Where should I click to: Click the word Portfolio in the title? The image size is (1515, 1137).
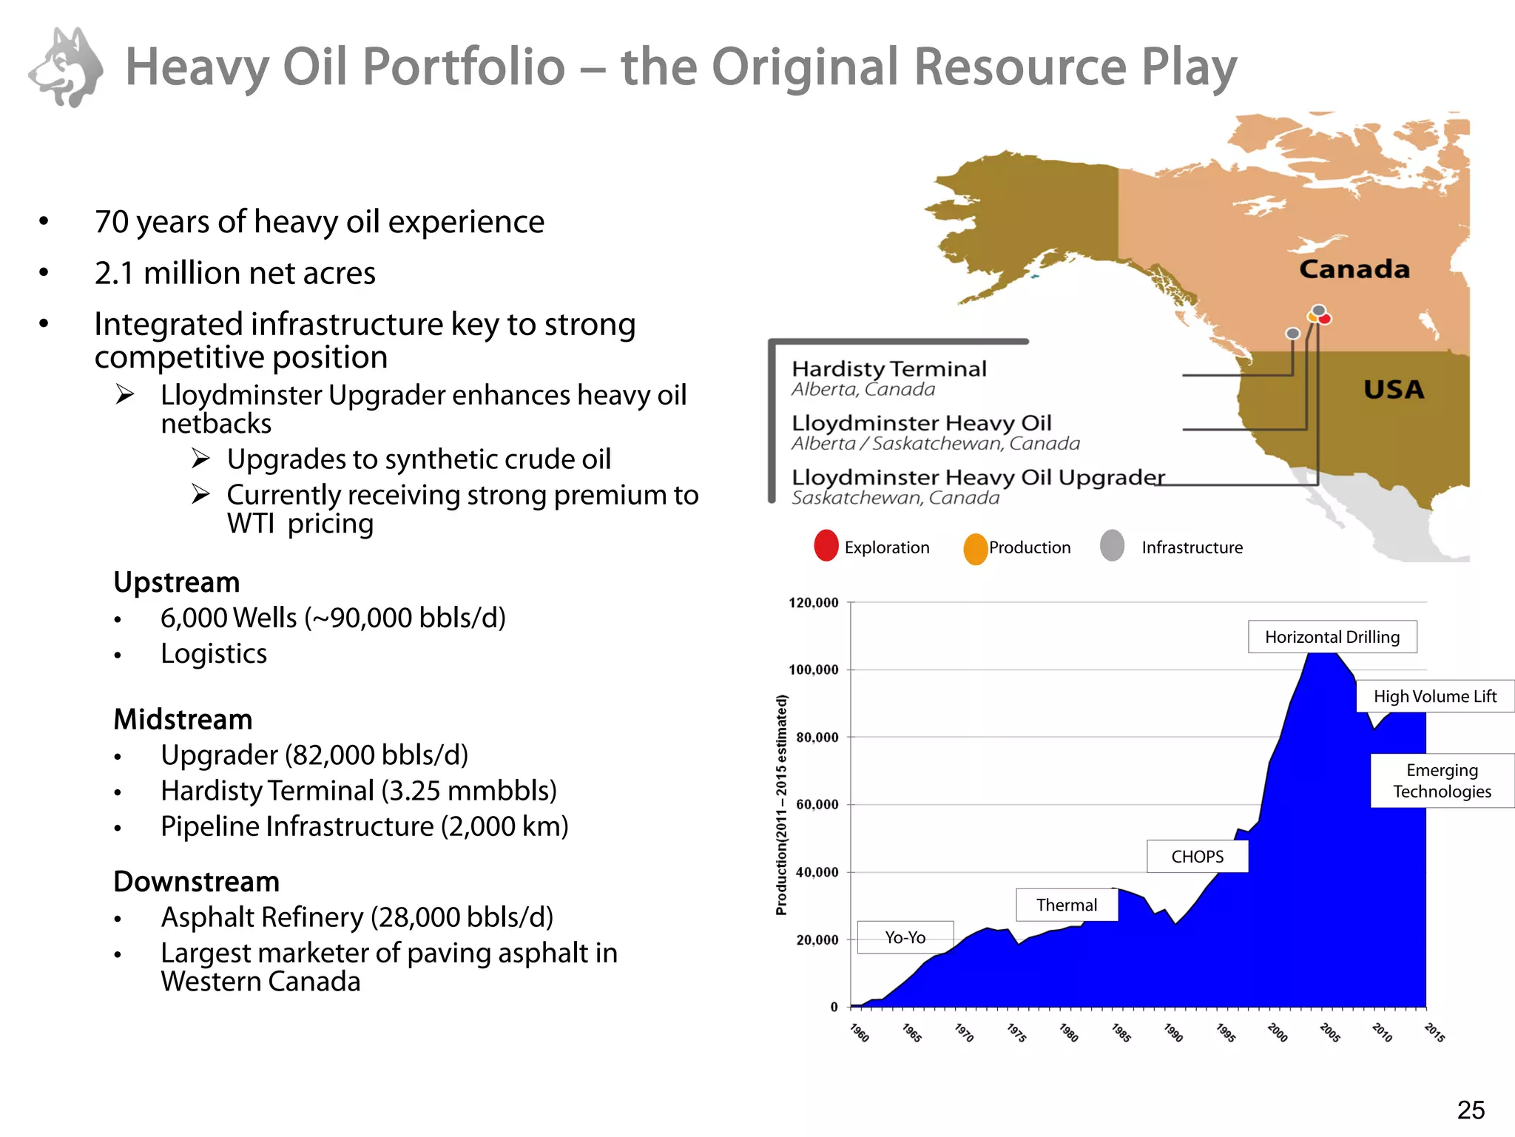tap(464, 67)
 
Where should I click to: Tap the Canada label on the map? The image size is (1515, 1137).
tap(1354, 269)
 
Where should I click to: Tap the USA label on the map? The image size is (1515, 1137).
tap(1394, 390)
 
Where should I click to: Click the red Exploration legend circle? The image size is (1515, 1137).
tap(826, 546)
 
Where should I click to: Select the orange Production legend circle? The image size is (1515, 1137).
tap(976, 549)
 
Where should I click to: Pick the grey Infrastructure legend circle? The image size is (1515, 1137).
tap(1112, 546)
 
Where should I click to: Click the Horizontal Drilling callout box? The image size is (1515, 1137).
tap(1332, 637)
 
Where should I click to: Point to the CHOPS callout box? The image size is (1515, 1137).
tap(1197, 857)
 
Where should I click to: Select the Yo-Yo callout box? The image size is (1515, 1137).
tap(905, 937)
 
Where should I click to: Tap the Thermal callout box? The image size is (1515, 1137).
tap(1066, 905)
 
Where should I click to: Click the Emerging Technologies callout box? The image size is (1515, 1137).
tap(1442, 780)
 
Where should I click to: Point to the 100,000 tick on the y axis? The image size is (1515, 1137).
tap(814, 670)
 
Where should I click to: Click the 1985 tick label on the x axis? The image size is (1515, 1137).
tap(1121, 1033)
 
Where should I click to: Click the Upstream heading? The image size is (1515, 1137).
tap(177, 582)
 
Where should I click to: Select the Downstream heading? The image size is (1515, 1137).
tap(196, 882)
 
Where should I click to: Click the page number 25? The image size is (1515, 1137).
tap(1471, 1110)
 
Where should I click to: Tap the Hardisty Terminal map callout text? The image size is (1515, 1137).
tap(889, 369)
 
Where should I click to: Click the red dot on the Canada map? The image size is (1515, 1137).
tap(1325, 319)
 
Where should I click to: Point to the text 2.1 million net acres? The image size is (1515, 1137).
tap(235, 273)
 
